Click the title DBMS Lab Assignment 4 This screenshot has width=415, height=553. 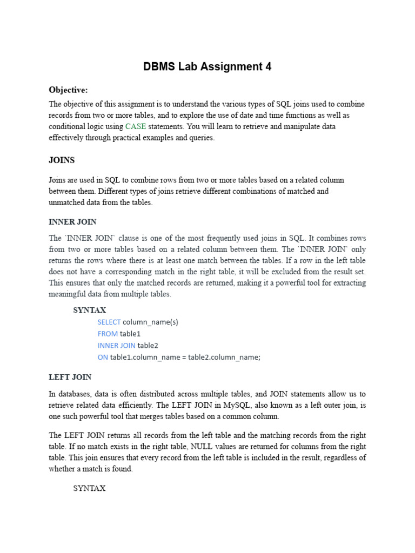pos(207,67)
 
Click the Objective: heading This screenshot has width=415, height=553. pos(68,90)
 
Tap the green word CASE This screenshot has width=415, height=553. pos(136,126)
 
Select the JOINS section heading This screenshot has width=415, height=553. pos(62,160)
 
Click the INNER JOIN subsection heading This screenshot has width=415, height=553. pos(72,222)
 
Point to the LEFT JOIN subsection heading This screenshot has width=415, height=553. pos(70,377)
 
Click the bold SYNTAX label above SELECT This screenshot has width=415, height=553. pos(90,310)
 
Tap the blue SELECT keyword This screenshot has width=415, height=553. pos(109,322)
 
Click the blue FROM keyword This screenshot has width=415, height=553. pos(108,334)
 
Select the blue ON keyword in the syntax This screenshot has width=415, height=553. pos(103,357)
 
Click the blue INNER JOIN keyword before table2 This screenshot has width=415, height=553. pos(116,345)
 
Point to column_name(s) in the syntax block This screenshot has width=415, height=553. pos(150,322)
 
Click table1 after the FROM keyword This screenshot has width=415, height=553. pos(130,334)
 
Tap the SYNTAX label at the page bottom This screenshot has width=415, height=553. pos(90,488)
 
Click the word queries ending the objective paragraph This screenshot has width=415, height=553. pos(199,138)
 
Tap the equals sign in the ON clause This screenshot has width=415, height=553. pos(183,357)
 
